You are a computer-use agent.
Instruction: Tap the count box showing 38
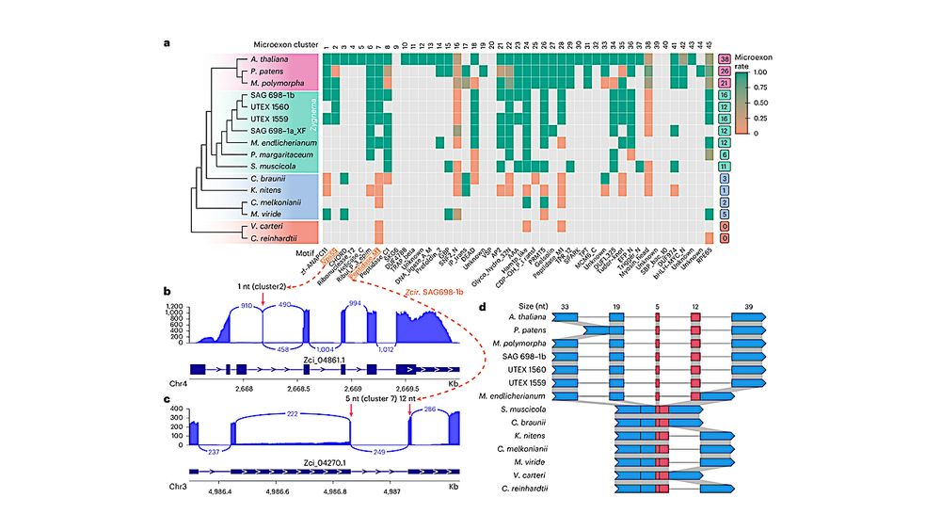[x=726, y=58]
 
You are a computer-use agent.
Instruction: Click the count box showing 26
[x=726, y=71]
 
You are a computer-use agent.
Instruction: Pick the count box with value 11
[x=726, y=165]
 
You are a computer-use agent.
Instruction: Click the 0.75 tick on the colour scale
[x=771, y=91]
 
